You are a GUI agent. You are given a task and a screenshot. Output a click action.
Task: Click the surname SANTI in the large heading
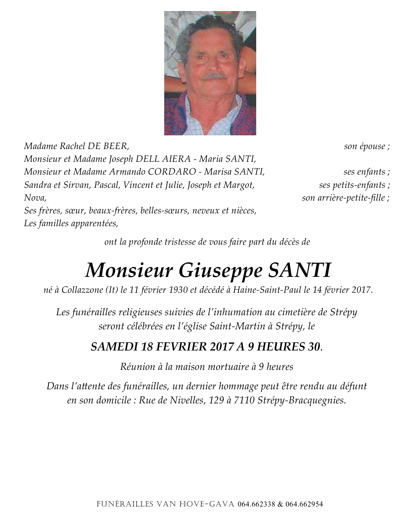click(x=299, y=270)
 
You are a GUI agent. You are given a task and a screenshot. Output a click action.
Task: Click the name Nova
click(x=34, y=198)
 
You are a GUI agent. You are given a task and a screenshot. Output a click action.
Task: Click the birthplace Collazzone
click(x=80, y=290)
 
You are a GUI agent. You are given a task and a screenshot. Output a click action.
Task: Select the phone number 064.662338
click(x=256, y=504)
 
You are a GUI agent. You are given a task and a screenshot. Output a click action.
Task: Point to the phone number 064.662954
click(x=305, y=504)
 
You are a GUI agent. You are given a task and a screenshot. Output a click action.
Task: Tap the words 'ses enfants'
click(x=364, y=172)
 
